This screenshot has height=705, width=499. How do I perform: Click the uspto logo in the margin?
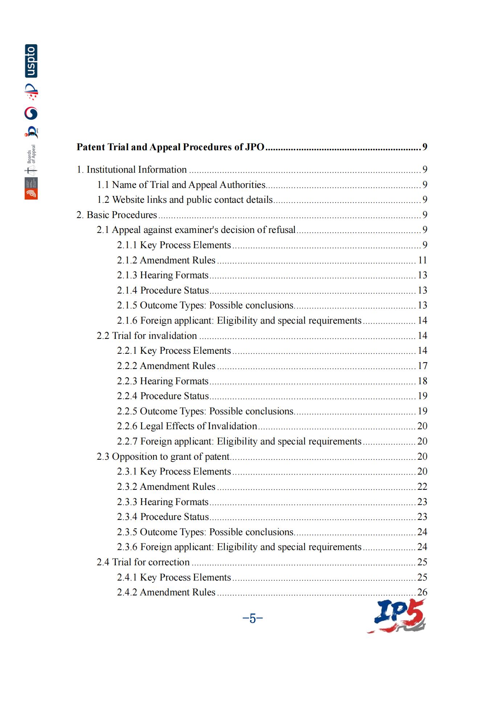tap(31, 61)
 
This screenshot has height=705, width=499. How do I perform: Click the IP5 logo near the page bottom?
tap(397, 616)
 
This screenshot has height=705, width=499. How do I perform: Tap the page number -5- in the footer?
tap(252, 618)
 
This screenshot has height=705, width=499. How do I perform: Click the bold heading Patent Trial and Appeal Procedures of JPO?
tap(170, 147)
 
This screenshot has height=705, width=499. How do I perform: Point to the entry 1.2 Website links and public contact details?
tap(185, 200)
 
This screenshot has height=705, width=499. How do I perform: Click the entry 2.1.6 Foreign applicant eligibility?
tap(239, 320)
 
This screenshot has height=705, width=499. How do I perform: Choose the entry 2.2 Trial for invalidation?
tap(147, 336)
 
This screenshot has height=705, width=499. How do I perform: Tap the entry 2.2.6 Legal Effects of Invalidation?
tap(187, 426)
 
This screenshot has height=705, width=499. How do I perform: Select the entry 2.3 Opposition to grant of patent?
tap(163, 456)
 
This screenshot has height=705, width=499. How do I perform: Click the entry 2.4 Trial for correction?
tap(143, 562)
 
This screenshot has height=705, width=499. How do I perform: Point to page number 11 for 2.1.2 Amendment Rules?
tap(422, 260)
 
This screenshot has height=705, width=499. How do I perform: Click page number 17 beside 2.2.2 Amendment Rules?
tap(422, 366)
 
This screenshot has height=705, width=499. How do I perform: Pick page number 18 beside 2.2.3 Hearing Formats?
tap(422, 381)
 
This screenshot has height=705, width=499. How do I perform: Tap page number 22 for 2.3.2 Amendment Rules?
tap(422, 487)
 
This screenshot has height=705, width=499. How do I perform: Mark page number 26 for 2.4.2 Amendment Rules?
tap(422, 592)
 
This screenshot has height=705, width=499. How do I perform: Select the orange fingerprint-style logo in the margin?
tap(31, 194)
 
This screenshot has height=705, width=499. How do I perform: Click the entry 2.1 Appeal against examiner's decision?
tap(196, 230)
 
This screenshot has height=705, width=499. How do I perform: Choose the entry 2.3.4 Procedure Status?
tap(163, 517)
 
